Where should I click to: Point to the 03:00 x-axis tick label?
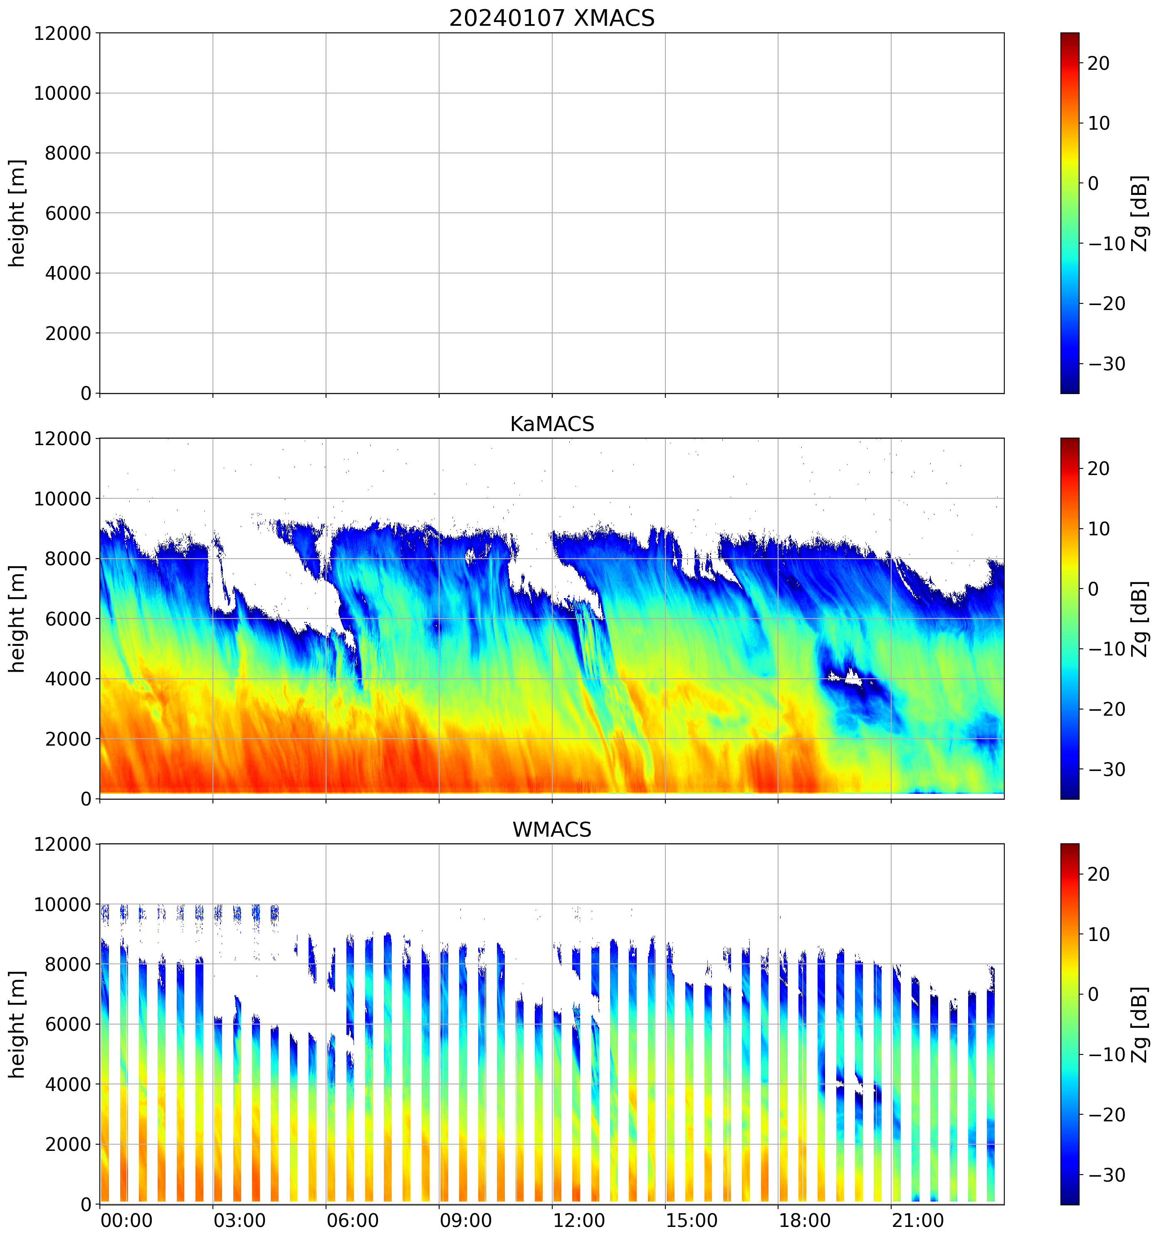[x=240, y=1220]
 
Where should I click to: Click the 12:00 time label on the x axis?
[x=578, y=1220]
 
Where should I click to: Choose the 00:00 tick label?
[x=126, y=1220]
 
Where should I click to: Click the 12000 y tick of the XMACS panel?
[x=62, y=33]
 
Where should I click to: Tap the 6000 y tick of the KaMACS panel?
[x=68, y=619]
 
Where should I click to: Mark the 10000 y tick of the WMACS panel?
[x=62, y=904]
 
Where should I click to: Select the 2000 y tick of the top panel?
[x=68, y=333]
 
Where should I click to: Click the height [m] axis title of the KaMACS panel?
[x=17, y=618]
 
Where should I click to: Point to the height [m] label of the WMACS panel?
[x=17, y=1024]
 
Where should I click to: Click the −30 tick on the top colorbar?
[x=1107, y=364]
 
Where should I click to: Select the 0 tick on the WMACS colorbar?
[x=1093, y=995]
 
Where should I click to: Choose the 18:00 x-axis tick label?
[x=805, y=1220]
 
